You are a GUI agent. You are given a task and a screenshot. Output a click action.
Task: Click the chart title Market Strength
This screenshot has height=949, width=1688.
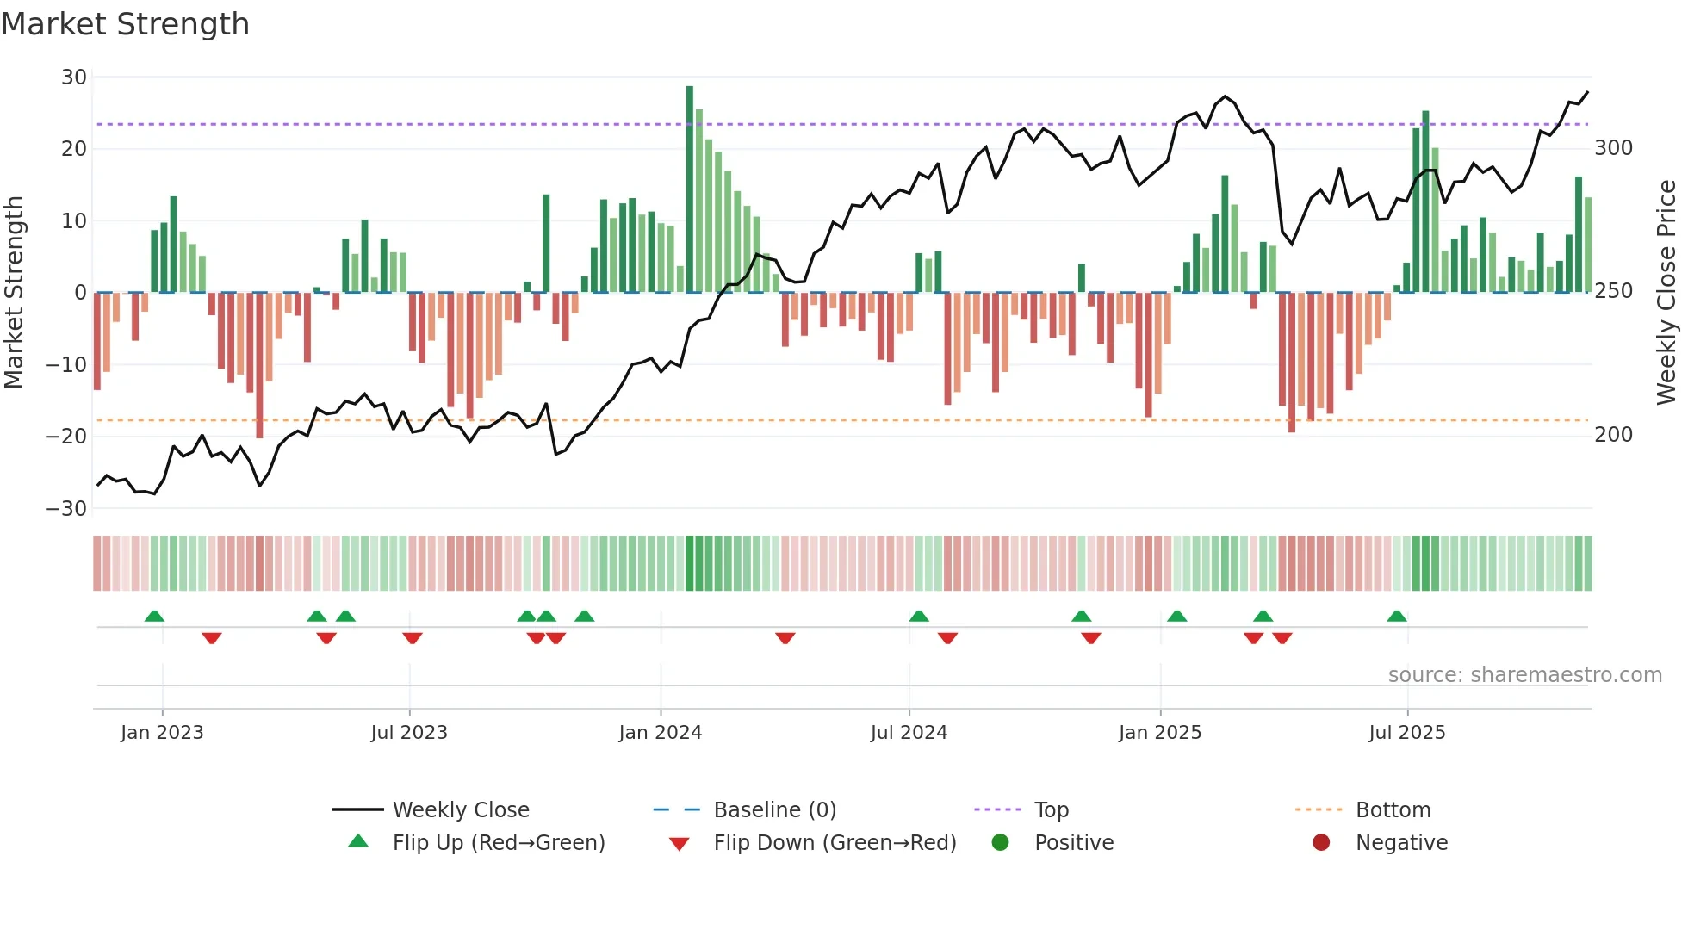[125, 24]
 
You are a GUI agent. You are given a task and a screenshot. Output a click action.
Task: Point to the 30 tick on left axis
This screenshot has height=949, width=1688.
[73, 78]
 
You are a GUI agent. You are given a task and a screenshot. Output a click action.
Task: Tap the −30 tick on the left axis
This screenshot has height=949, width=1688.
[66, 509]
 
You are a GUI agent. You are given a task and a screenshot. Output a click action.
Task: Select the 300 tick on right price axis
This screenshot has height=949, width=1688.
[1613, 148]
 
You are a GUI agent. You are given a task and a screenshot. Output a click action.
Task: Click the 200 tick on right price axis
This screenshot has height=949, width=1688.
[1613, 435]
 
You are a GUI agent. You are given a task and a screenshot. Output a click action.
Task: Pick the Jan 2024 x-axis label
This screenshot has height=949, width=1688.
[660, 733]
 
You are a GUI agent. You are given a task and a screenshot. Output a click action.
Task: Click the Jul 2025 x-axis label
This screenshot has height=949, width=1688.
[1406, 733]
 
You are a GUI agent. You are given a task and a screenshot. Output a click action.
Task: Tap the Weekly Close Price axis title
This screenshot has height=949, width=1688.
[1666, 293]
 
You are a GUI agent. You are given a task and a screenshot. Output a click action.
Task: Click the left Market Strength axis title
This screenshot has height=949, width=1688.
[14, 293]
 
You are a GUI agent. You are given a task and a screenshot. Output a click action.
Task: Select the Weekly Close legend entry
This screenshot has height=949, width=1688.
[460, 810]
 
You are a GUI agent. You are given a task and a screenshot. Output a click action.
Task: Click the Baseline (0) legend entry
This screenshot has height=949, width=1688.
[774, 810]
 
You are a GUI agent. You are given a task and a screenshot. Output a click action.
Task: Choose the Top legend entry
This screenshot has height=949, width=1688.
[1051, 810]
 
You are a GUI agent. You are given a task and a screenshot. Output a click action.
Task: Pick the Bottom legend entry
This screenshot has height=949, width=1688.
[1393, 810]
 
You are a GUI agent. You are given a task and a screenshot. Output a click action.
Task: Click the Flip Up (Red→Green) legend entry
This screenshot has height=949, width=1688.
[498, 843]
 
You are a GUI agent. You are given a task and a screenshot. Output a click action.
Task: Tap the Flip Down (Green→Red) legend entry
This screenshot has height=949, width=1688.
[834, 843]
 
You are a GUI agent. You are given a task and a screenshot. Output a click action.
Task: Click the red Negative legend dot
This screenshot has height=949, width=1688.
[1320, 843]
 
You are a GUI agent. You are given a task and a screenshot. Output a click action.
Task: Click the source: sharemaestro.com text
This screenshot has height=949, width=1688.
[1524, 675]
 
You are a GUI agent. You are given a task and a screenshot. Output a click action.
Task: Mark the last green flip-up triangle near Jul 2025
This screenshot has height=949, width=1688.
[1396, 617]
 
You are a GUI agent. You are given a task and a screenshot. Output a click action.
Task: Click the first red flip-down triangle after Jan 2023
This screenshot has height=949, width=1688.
[212, 638]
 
